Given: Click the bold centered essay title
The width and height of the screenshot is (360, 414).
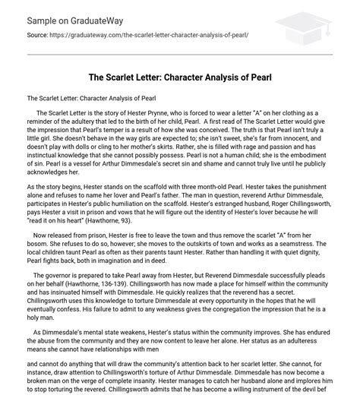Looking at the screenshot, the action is (x=179, y=77).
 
